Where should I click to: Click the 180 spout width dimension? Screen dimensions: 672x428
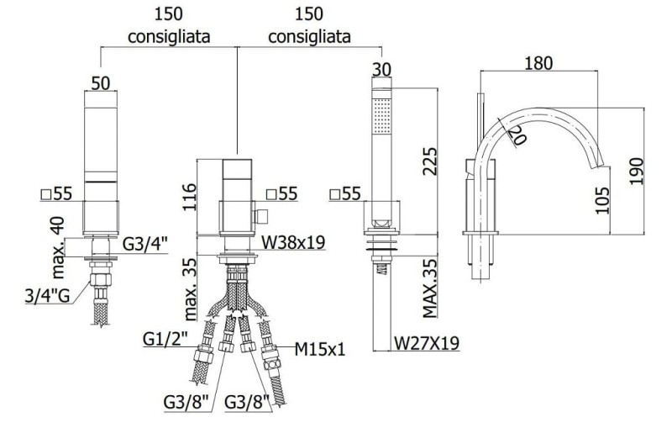(x=538, y=63)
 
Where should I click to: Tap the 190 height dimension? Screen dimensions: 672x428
(x=637, y=171)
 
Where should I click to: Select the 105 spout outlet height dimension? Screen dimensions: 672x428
(x=602, y=200)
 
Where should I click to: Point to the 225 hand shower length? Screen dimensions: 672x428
(x=429, y=161)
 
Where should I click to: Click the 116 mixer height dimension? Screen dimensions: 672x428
(x=189, y=197)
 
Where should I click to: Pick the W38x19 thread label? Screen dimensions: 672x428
(x=293, y=243)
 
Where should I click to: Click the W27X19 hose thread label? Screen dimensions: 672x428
(x=427, y=343)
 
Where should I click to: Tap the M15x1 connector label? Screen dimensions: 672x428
(x=320, y=349)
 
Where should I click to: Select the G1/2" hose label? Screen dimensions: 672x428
(x=165, y=340)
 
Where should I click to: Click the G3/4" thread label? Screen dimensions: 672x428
(x=145, y=244)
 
